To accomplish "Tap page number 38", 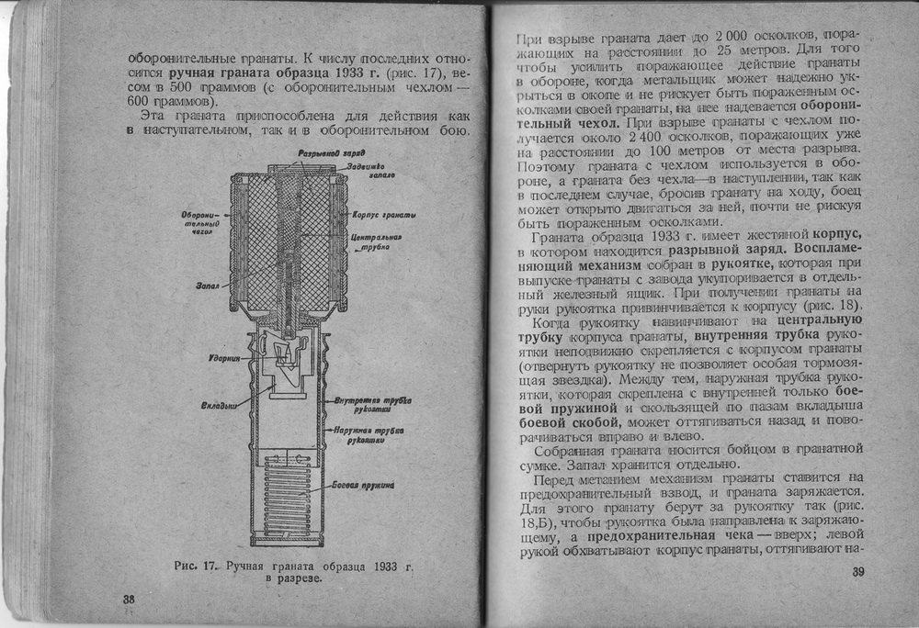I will (x=130, y=599).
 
